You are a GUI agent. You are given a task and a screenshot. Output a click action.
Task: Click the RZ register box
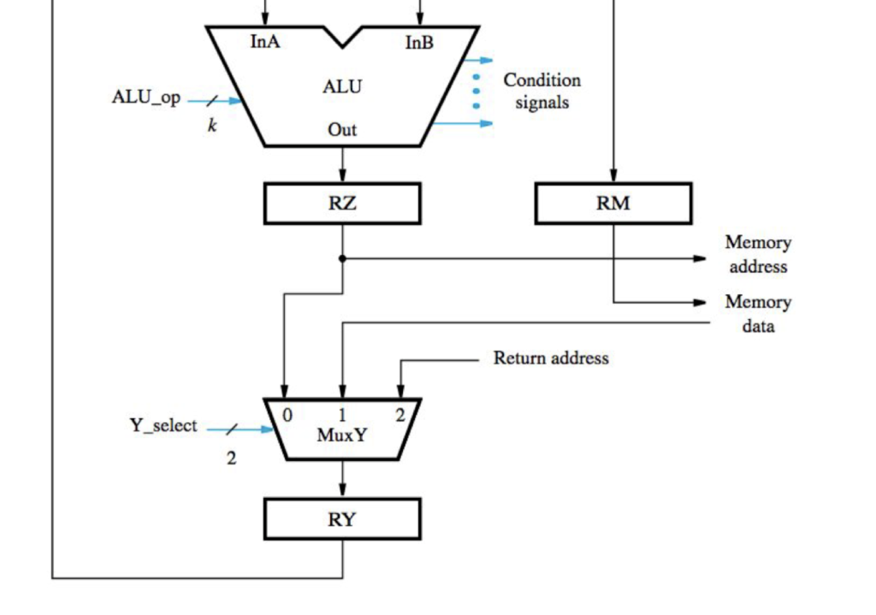tap(342, 204)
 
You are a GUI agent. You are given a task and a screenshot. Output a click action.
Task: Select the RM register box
tap(613, 204)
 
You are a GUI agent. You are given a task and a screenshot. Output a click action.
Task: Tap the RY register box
tap(342, 519)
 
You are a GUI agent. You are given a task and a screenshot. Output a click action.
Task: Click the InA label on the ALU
tap(264, 41)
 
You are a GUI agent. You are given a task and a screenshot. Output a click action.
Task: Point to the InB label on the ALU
tap(419, 43)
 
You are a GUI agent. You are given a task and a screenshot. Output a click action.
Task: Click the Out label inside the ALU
tap(342, 130)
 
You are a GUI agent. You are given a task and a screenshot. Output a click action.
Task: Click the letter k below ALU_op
tap(212, 127)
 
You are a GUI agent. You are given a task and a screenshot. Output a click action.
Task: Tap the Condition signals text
tap(542, 91)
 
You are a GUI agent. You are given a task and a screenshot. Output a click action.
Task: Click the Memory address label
tap(758, 254)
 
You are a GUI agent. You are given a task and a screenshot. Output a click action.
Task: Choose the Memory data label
tap(758, 314)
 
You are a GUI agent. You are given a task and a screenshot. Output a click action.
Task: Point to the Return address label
tap(551, 358)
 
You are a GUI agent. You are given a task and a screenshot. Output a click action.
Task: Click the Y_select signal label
tap(163, 426)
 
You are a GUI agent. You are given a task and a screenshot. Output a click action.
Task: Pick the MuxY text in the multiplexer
tap(342, 435)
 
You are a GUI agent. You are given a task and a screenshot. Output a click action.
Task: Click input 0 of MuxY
tap(287, 415)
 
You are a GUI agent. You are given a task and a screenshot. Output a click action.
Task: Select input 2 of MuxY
tap(399, 416)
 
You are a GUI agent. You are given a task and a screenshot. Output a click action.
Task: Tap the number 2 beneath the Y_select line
tap(231, 458)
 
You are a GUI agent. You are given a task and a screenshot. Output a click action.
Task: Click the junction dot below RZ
tap(342, 257)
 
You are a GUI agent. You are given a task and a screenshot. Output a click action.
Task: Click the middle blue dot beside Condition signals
tap(476, 91)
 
